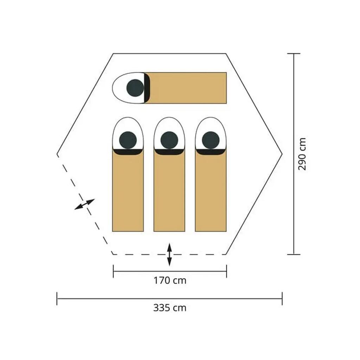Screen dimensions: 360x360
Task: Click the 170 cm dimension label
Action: click(x=170, y=281)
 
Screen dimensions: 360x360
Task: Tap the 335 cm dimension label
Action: click(x=170, y=308)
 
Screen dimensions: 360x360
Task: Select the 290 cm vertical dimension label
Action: click(x=302, y=154)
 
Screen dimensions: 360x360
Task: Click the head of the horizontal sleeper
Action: click(x=135, y=88)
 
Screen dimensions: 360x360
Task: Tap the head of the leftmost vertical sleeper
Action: click(x=128, y=140)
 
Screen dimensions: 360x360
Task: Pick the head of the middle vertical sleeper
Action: click(x=169, y=140)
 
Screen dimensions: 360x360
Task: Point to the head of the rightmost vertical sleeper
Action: click(x=211, y=140)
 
